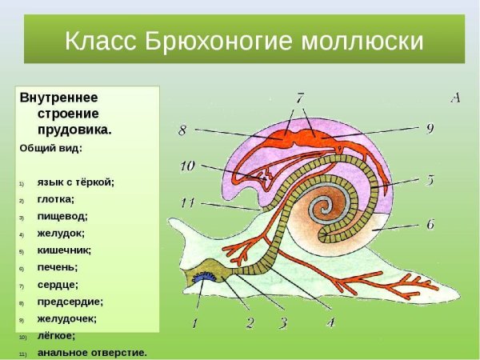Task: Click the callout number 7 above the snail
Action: tap(299, 98)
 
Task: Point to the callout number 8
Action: tap(183, 128)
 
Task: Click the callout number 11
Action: tap(187, 202)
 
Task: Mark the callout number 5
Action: tap(430, 180)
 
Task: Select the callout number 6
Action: tap(430, 224)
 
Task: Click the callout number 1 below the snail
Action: tap(192, 324)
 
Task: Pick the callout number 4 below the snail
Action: tap(330, 322)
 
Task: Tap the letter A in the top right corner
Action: tap(454, 98)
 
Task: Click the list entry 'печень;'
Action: tap(57, 266)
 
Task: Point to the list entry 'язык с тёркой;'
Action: tap(75, 182)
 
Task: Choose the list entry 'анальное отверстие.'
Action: tap(92, 352)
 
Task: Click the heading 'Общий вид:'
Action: tap(50, 148)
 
